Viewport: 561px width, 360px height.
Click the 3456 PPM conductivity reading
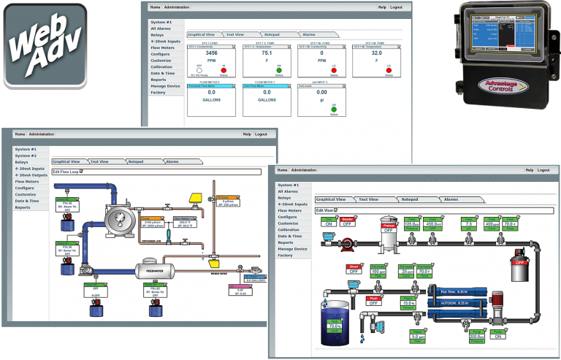coord(212,54)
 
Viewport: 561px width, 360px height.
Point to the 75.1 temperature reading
coord(267,53)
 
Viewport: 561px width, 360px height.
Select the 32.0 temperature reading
coord(377,53)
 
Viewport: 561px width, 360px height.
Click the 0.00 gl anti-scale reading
coord(321,93)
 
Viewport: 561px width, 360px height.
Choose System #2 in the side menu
coord(26,156)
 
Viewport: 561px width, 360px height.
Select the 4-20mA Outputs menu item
coord(31,175)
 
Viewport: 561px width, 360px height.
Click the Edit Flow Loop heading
coord(67,172)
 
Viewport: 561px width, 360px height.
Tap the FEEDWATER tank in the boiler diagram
coord(155,272)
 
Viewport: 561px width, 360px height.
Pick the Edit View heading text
coord(324,210)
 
